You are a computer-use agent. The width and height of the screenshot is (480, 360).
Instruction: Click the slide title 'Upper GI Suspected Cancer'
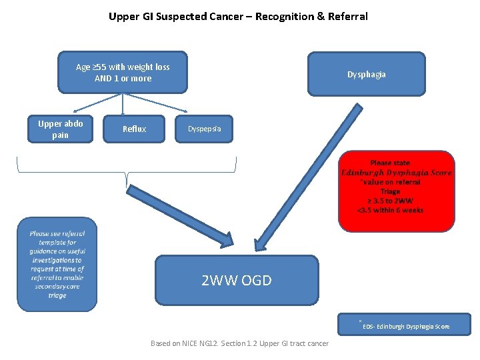click(187, 16)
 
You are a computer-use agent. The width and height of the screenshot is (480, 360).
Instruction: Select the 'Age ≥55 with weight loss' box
click(123, 73)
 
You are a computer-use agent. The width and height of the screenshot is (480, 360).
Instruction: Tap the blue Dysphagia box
click(366, 74)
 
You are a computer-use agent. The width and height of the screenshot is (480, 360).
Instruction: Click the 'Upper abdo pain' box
click(60, 129)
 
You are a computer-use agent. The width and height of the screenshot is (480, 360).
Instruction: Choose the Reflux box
click(134, 129)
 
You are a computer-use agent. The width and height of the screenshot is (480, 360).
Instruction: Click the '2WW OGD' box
click(237, 280)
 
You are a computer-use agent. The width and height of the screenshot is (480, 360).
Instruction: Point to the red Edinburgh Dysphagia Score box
click(396, 191)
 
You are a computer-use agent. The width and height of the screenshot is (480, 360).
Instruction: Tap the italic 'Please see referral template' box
click(57, 265)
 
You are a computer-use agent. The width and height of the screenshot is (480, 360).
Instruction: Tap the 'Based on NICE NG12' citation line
click(239, 343)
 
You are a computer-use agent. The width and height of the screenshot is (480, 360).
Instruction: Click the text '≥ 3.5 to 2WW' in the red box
click(390, 201)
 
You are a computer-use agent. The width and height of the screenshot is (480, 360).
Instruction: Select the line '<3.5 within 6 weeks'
click(390, 210)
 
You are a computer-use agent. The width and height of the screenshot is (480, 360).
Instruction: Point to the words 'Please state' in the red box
click(390, 163)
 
